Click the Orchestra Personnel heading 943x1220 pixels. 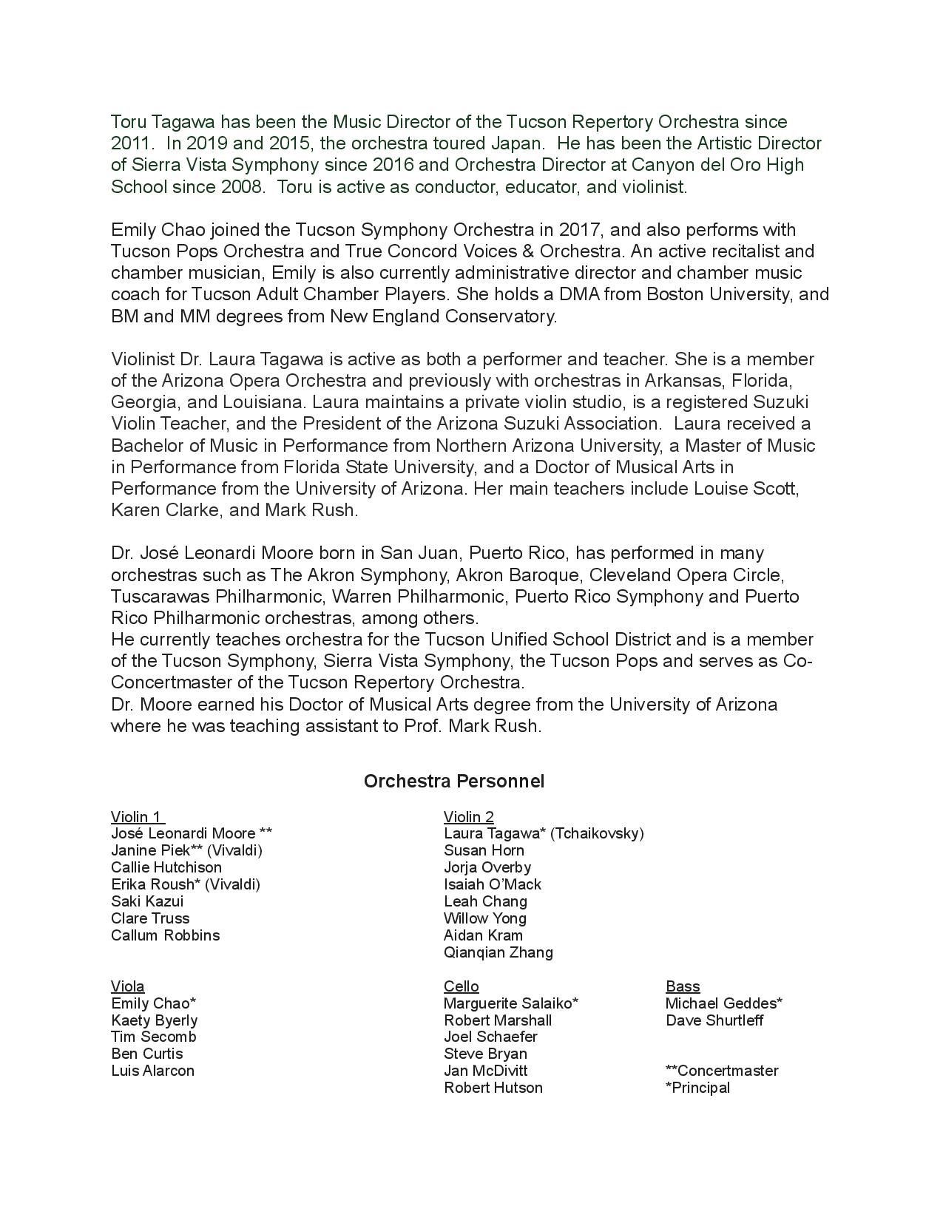[453, 782]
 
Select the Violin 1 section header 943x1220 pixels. [137, 817]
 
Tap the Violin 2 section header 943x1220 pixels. [468, 817]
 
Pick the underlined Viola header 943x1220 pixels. [128, 986]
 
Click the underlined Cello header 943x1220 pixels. [461, 986]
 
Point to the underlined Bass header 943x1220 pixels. [682, 986]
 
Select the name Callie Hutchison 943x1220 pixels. [166, 867]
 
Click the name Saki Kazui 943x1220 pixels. [147, 901]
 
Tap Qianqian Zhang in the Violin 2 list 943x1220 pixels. [498, 952]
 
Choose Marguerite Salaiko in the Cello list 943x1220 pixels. [510, 1003]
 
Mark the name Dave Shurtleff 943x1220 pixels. [714, 1020]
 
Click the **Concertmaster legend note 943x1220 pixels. [722, 1071]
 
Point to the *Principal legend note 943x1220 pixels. [697, 1088]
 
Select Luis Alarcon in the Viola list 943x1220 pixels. [152, 1071]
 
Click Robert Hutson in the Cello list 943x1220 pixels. [493, 1088]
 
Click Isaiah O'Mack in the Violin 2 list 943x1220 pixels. [492, 884]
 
